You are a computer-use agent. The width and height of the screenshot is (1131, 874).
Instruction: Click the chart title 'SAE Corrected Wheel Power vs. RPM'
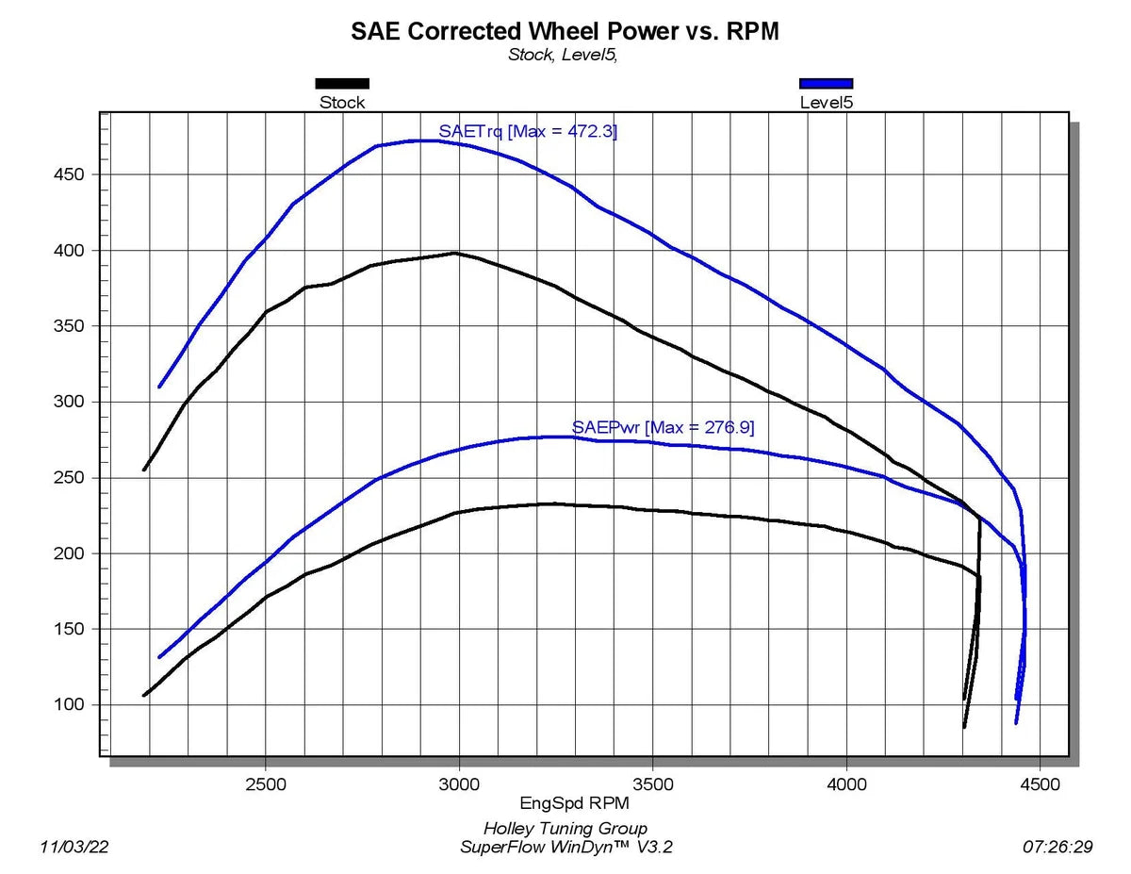(565, 31)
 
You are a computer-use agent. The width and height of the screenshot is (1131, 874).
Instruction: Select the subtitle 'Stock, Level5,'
(563, 55)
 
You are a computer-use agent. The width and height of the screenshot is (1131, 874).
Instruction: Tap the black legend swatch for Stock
(342, 83)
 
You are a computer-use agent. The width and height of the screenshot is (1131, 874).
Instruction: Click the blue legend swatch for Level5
(826, 83)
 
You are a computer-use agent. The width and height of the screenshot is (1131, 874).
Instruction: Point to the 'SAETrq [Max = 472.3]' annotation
(528, 131)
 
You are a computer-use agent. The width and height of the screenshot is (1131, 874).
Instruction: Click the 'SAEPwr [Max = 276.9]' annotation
(663, 428)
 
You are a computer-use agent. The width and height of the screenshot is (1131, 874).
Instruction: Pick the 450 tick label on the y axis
(68, 175)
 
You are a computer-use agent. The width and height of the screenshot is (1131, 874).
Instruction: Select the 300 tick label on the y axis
(68, 403)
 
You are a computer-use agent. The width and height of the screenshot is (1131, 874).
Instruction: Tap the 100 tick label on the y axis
(68, 705)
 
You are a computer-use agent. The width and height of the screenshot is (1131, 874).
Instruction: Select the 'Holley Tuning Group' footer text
(565, 829)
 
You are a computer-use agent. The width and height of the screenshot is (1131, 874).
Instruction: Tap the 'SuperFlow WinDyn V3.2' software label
(565, 847)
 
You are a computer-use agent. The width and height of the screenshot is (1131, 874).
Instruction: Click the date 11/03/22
(75, 847)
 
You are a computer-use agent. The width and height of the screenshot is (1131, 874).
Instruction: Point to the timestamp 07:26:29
(1057, 847)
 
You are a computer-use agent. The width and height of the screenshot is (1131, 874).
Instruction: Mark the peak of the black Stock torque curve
(455, 253)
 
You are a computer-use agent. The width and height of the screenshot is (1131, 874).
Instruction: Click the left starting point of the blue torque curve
(159, 387)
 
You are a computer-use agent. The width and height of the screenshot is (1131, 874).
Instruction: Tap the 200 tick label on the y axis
(68, 553)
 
